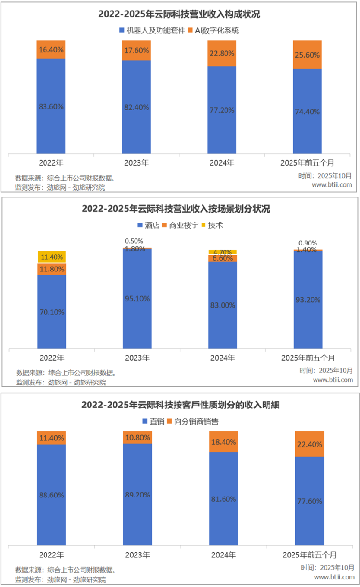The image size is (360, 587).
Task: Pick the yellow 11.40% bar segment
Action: point(51,257)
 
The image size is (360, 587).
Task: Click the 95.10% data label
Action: point(137,298)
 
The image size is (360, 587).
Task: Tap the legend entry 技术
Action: point(216,226)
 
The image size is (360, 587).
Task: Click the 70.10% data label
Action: point(51,312)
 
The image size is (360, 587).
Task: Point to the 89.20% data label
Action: point(137,495)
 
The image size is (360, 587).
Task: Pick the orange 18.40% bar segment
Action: point(224,442)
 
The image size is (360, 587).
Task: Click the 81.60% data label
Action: point(224,499)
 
